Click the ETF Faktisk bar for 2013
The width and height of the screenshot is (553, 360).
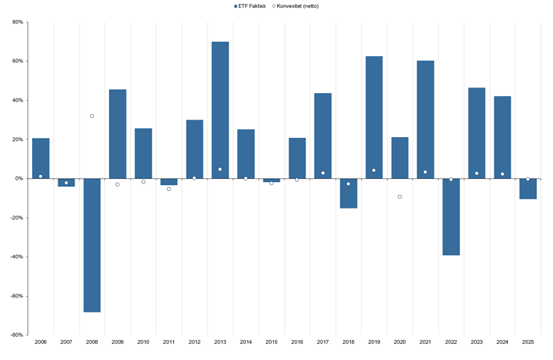click(x=220, y=110)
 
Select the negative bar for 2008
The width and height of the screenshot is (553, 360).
click(x=92, y=245)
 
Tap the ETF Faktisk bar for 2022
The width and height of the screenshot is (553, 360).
click(x=451, y=216)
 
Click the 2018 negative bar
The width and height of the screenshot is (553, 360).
click(x=349, y=193)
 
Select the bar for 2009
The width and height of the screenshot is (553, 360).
click(x=118, y=134)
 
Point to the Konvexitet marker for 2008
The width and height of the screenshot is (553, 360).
click(x=92, y=116)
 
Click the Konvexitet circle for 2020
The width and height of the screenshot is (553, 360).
click(x=400, y=196)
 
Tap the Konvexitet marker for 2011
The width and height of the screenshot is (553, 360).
click(x=169, y=188)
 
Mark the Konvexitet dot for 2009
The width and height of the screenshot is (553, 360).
click(x=118, y=184)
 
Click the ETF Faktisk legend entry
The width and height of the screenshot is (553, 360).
click(x=251, y=6)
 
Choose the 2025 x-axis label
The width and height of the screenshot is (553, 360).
click(x=528, y=342)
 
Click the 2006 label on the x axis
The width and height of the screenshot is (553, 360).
click(x=41, y=342)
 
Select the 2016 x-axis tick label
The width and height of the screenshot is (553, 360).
click(x=297, y=342)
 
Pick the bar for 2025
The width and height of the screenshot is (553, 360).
click(x=528, y=188)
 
